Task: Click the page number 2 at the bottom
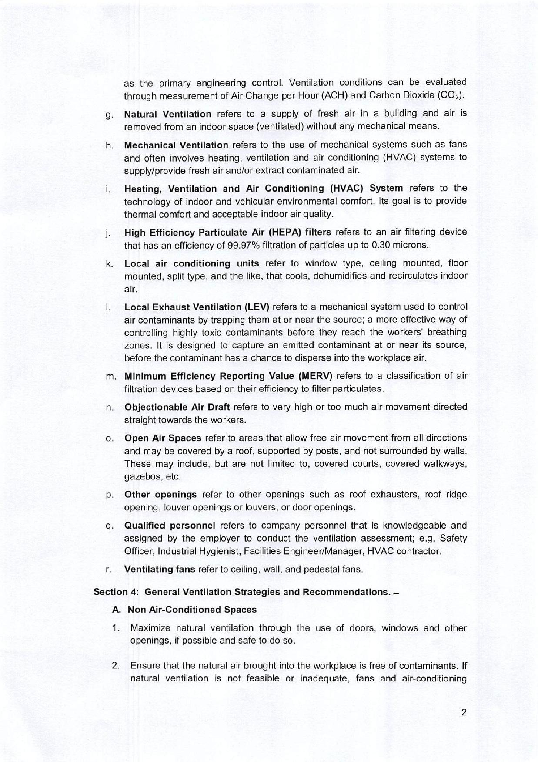tap(464, 713)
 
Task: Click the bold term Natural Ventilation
tap(167, 114)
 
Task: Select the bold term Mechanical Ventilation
tap(176, 145)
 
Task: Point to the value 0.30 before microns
tap(381, 245)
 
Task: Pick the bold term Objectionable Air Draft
tap(178, 407)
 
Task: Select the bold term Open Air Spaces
tap(163, 438)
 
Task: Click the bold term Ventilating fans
tap(160, 570)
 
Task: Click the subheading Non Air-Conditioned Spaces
tap(192, 610)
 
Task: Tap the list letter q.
tap(109, 526)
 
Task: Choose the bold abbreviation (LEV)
tap(257, 307)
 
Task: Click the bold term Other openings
tap(160, 495)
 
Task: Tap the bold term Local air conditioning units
tap(191, 263)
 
